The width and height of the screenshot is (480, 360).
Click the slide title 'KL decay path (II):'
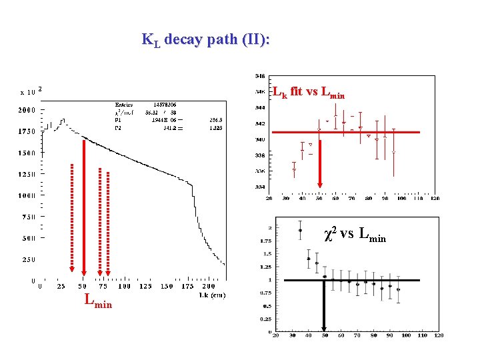(x=205, y=39)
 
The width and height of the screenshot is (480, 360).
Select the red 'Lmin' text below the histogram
(x=98, y=301)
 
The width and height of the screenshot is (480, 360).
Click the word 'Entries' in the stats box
(x=123, y=105)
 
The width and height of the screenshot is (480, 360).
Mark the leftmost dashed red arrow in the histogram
(x=71, y=220)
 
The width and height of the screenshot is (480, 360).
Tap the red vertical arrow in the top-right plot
(x=320, y=160)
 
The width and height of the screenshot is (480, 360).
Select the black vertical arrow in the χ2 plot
(x=324, y=307)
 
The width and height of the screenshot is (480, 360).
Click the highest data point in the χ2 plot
(x=301, y=231)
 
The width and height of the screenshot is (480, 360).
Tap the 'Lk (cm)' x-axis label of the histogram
(x=211, y=294)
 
